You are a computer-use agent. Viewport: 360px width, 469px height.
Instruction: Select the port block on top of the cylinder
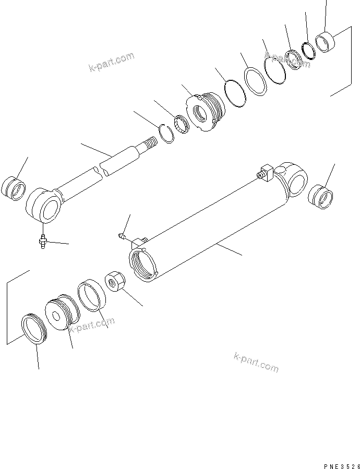(267, 173)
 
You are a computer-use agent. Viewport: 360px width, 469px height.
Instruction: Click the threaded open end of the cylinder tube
(142, 263)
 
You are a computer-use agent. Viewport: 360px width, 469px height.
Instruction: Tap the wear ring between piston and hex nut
(91, 296)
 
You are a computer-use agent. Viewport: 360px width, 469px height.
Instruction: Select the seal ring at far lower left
(33, 329)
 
